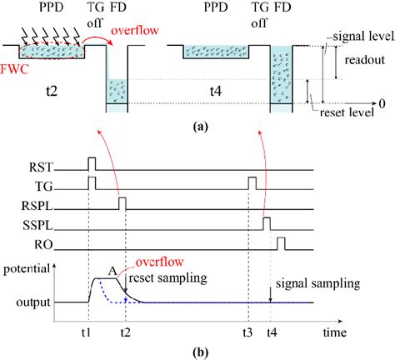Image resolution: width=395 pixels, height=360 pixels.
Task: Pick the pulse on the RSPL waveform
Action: tap(122, 202)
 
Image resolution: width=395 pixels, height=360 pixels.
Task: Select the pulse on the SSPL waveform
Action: tap(267, 222)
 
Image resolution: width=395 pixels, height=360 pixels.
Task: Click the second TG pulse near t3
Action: tap(251, 182)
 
